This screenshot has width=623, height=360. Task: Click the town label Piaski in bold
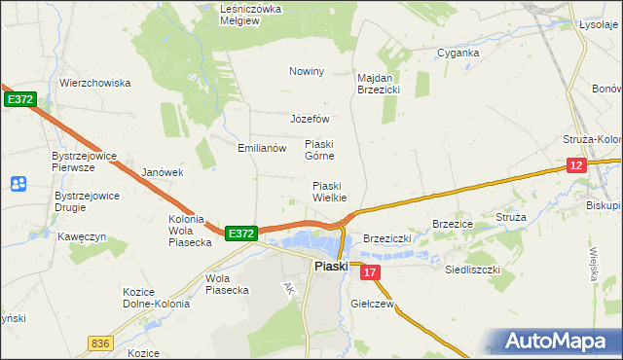330,266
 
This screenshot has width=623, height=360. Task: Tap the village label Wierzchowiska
94,83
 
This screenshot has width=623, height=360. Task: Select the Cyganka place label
458,53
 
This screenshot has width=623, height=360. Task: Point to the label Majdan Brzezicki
379,83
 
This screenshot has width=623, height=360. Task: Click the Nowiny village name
306,71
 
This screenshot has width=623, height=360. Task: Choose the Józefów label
311,119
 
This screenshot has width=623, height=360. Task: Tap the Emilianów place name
262,148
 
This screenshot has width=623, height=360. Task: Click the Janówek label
163,172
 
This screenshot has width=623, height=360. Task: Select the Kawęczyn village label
81,236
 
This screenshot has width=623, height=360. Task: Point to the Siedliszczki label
472,268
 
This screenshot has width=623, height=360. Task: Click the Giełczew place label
371,304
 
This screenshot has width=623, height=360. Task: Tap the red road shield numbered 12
577,166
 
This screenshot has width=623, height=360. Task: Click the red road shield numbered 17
369,273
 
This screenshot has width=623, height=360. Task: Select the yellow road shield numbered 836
99,343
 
